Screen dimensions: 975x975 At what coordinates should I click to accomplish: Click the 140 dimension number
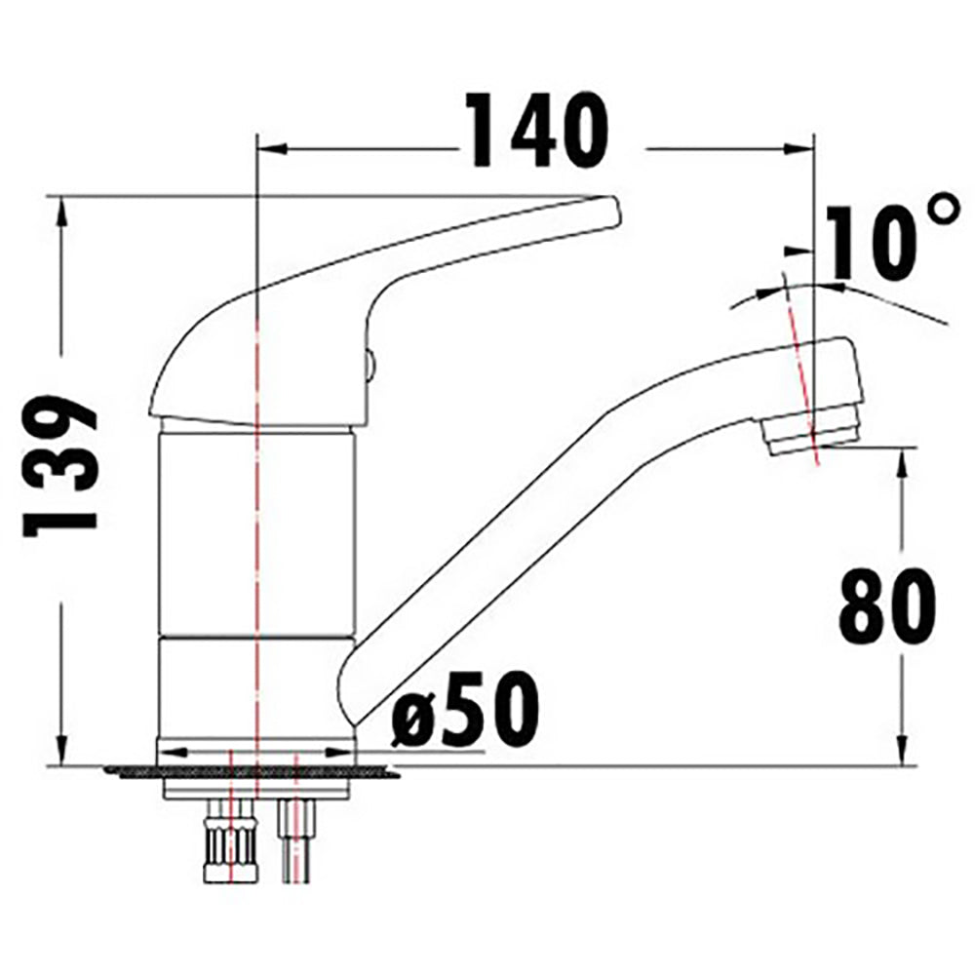[536, 131]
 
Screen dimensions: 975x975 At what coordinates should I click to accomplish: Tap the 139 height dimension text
[59, 466]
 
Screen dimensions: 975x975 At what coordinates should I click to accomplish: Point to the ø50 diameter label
[465, 709]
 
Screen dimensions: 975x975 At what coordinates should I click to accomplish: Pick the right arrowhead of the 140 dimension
[799, 149]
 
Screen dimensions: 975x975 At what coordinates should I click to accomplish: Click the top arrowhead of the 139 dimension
[61, 213]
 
